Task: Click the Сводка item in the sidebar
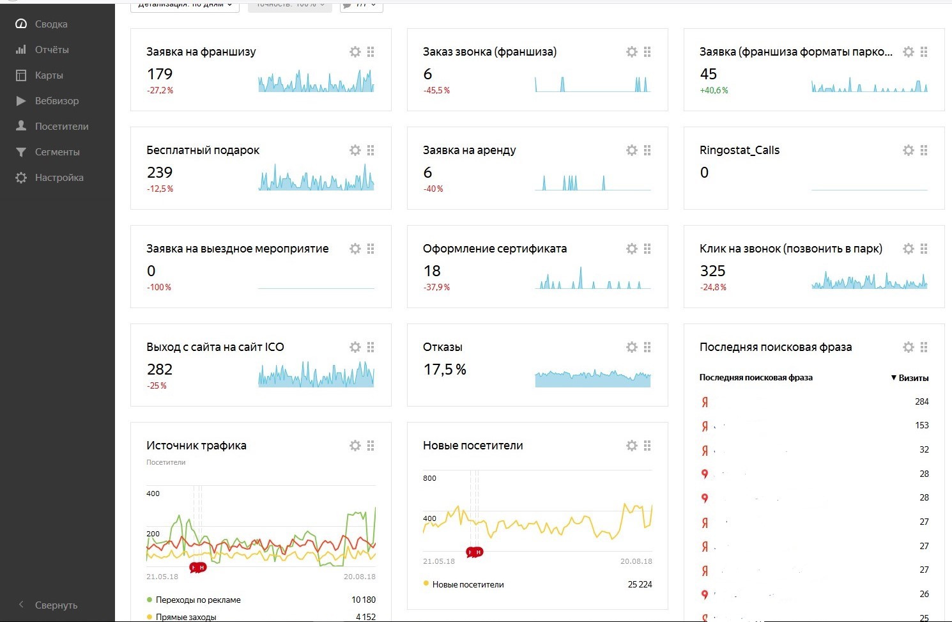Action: coord(50,24)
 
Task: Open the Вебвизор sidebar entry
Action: coord(56,101)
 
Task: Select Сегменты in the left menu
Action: coord(57,152)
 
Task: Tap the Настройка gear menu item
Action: coord(59,178)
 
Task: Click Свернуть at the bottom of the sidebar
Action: coord(56,605)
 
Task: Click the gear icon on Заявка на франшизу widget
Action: coord(355,52)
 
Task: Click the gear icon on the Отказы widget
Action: coord(632,347)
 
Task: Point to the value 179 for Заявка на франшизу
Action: coord(160,74)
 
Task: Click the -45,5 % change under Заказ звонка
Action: coord(436,91)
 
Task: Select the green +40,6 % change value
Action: coord(714,91)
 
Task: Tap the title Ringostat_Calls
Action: coord(739,150)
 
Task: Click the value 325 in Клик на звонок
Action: coord(712,271)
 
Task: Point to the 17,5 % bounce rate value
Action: coord(445,369)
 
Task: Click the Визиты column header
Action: coord(912,378)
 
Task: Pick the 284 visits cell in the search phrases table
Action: coord(921,401)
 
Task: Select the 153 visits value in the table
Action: coord(921,425)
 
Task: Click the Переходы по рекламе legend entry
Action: coord(198,600)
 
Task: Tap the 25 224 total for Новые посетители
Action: coord(640,584)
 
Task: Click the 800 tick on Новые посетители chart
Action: coord(429,478)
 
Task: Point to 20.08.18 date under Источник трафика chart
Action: coord(359,577)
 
